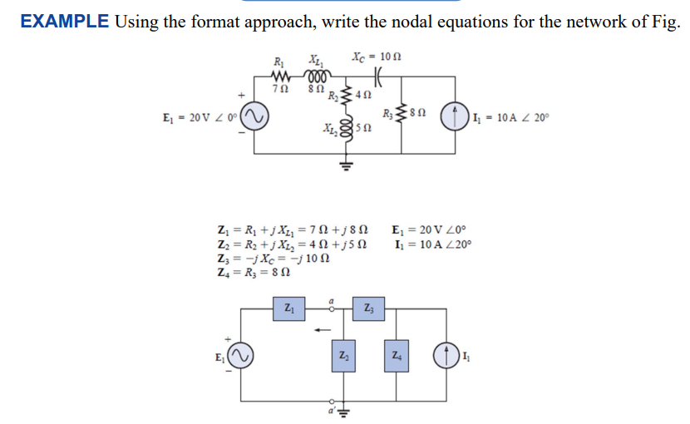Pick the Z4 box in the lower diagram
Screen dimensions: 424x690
397,356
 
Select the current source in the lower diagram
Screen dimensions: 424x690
442,357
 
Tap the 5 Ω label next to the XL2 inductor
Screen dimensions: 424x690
363,127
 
